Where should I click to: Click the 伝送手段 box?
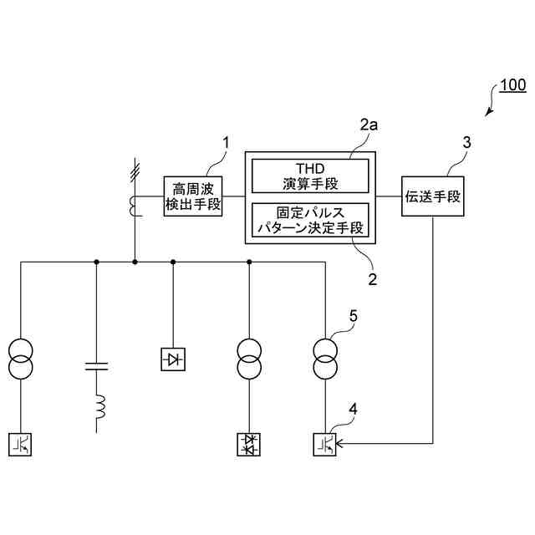tap(432, 196)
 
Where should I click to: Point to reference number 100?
tap(512, 85)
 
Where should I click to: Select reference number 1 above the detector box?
tap(224, 144)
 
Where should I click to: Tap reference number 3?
tap(466, 142)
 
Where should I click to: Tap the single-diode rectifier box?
tap(173, 360)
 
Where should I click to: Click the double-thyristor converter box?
tap(249, 444)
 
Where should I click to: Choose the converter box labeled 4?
tap(326, 444)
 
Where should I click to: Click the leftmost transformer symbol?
tap(20, 358)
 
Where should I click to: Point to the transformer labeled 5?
tap(326, 358)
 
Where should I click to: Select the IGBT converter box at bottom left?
tap(20, 444)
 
